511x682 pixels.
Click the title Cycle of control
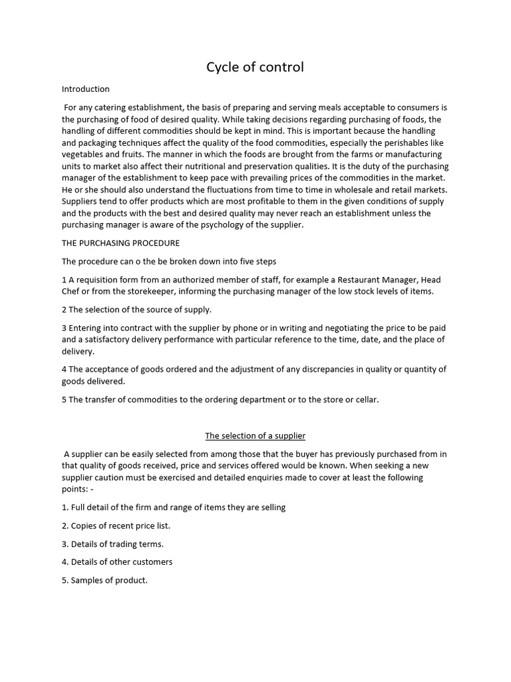click(255, 67)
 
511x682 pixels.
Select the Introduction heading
click(85, 89)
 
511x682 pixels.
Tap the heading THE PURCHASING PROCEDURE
click(120, 242)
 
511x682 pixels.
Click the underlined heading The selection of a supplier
click(255, 436)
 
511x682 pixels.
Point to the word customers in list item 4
click(150, 561)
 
